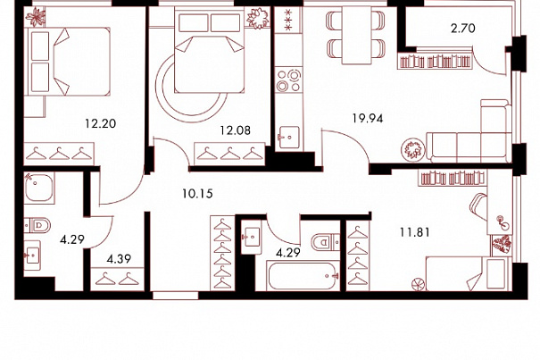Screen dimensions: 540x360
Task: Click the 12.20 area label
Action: coord(101,123)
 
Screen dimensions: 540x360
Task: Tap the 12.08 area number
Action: coord(236,130)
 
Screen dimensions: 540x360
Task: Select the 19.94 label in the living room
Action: coord(368,118)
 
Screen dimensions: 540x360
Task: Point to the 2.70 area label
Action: coord(463,28)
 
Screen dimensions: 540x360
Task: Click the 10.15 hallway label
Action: coord(197,194)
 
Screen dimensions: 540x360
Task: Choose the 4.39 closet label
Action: coord(119,259)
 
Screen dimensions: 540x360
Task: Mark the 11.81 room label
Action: coord(415,232)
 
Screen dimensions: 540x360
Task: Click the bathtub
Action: coord(303,276)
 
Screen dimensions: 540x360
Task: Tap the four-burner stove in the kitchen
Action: coord(288,80)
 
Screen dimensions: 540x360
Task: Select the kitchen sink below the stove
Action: coord(289,137)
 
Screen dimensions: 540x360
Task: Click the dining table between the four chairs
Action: coord(356,35)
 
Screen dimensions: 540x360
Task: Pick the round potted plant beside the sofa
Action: coord(412,149)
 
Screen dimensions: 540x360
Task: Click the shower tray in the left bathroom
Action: coord(39,188)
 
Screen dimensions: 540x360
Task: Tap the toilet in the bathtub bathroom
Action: coord(325,242)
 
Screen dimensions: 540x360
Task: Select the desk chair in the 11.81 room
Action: coord(478,206)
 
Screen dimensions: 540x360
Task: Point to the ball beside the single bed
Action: coord(419,284)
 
